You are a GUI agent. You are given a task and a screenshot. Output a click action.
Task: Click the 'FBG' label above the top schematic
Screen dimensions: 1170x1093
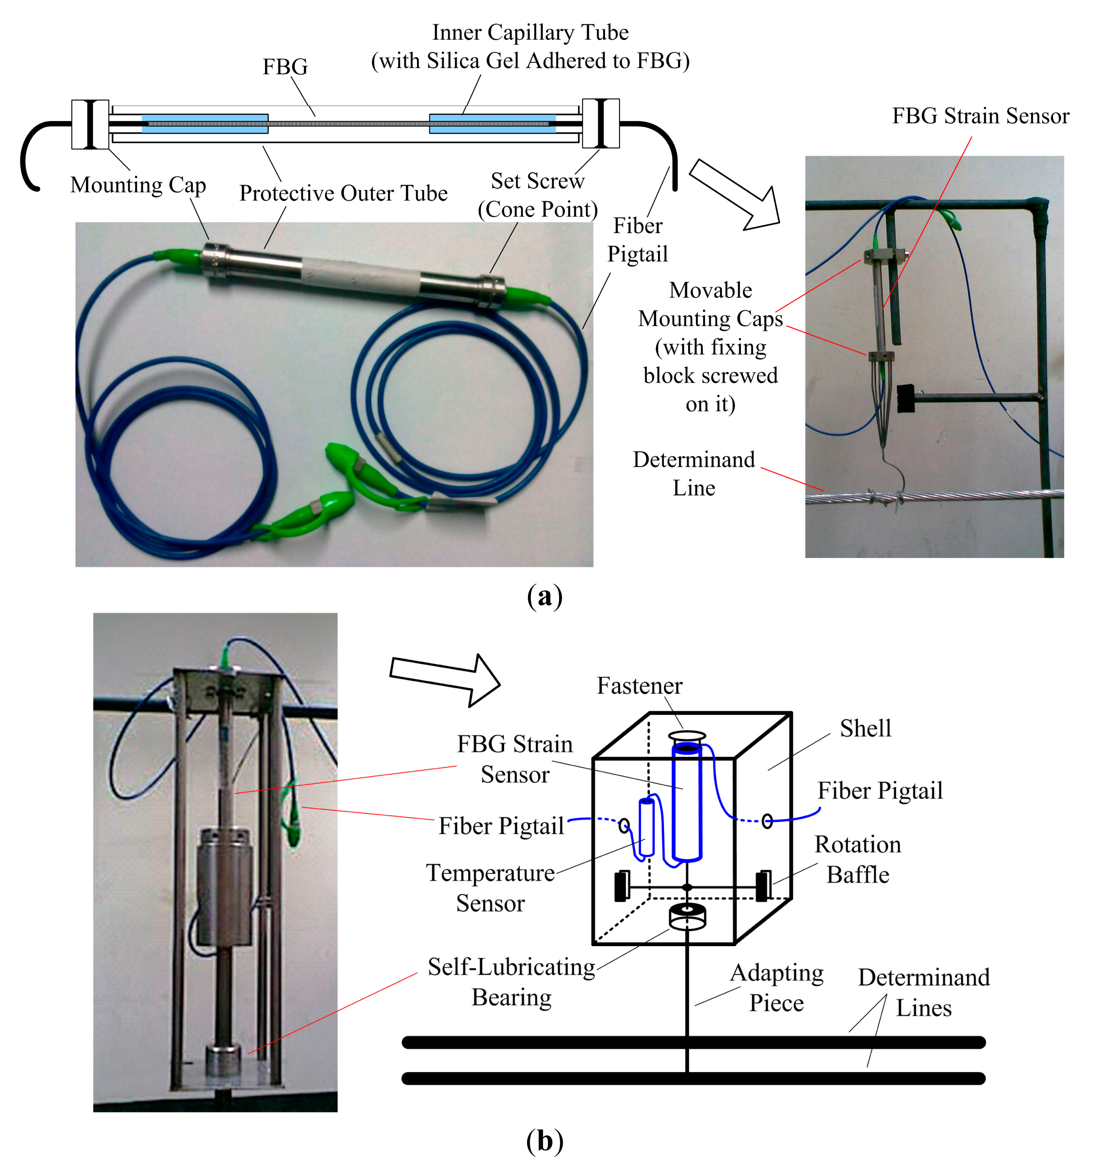(285, 67)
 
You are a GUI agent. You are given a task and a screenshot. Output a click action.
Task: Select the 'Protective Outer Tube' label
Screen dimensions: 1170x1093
(343, 193)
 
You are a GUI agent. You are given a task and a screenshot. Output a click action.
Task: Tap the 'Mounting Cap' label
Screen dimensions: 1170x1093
(138, 185)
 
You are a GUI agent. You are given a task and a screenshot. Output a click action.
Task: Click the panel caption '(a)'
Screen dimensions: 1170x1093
(545, 596)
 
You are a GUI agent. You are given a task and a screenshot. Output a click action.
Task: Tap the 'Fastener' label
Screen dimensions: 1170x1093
(640, 686)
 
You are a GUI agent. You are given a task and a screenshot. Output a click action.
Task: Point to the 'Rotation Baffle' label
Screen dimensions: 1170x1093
(858, 859)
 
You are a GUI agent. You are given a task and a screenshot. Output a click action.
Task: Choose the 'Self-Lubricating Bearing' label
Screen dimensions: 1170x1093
(511, 982)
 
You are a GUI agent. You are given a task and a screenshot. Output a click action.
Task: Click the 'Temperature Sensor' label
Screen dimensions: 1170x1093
(490, 887)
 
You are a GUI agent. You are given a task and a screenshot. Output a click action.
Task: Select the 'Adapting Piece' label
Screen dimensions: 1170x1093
(776, 988)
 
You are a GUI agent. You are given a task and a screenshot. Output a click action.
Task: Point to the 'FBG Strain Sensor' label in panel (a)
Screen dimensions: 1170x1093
(981, 116)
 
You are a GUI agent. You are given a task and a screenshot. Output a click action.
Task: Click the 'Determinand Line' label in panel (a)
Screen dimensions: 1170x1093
(694, 474)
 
